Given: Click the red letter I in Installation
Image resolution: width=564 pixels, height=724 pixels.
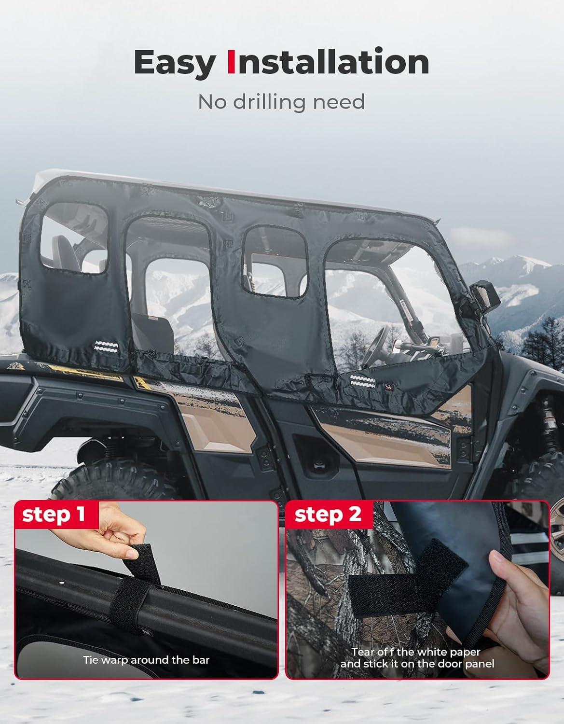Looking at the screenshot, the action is click(x=231, y=62).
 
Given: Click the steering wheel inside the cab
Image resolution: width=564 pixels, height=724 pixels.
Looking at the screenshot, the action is click(x=375, y=346).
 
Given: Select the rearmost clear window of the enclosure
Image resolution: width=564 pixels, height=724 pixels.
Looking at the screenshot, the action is click(x=74, y=238).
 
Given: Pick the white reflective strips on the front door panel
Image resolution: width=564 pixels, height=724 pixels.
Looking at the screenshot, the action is click(x=363, y=381).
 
